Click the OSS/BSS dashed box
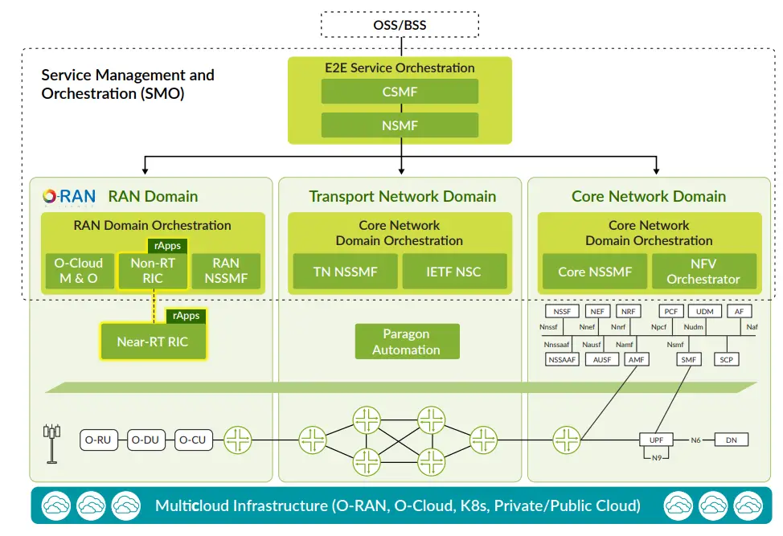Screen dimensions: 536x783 (x=400, y=24)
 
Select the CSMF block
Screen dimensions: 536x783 (x=400, y=92)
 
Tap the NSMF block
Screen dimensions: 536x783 (x=400, y=125)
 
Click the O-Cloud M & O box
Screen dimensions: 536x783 (x=78, y=271)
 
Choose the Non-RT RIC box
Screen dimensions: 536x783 (x=152, y=271)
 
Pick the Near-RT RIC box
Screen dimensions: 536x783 (x=152, y=342)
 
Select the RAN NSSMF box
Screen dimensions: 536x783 (x=226, y=271)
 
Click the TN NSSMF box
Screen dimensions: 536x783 (x=344, y=272)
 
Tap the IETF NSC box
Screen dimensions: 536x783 (x=454, y=272)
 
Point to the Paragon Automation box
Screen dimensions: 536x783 (x=406, y=342)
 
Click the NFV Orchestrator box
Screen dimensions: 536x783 (x=703, y=272)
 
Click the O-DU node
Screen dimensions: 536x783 (x=146, y=440)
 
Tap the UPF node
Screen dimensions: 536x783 (x=656, y=440)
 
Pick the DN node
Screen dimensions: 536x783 (x=731, y=440)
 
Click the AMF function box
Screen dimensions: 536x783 (x=637, y=360)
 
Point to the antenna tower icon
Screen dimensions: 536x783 (x=51, y=442)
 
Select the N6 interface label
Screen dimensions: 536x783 (x=696, y=440)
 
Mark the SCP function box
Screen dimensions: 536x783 (x=726, y=360)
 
